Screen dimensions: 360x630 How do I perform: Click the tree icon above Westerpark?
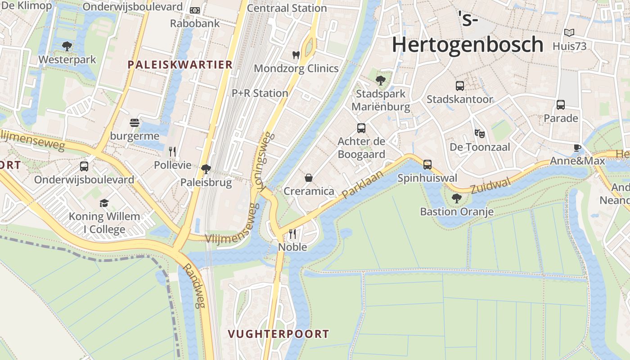[x=67, y=45]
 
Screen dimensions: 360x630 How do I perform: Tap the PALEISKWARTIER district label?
[x=180, y=65]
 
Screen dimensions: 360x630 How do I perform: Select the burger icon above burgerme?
[x=134, y=122]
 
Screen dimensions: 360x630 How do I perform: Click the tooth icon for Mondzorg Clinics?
[x=296, y=55]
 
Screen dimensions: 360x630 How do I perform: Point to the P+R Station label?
[x=260, y=93]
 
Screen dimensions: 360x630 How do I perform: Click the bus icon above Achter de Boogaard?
[x=361, y=128]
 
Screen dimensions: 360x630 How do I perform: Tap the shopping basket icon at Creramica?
[x=309, y=178]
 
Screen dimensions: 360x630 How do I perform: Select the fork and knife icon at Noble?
[x=292, y=234]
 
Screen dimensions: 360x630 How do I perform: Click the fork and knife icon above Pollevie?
[x=172, y=151]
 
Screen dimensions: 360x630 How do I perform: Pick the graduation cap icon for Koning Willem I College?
[x=104, y=203]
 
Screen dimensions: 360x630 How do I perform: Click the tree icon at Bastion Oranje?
[x=456, y=198]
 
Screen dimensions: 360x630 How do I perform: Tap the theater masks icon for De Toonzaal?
[x=480, y=133]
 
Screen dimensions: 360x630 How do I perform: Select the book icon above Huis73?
[x=569, y=32]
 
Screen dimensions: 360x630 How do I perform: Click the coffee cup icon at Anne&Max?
[x=577, y=148]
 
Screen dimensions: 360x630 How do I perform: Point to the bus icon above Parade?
[x=561, y=104]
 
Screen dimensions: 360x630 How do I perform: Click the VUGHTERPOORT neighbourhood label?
[x=278, y=334]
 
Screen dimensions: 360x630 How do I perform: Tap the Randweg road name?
[x=195, y=286]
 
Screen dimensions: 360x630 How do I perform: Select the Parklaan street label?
[x=362, y=184]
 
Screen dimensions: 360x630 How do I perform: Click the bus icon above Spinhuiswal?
[x=427, y=165]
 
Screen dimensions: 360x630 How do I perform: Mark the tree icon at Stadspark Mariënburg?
[x=381, y=81]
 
